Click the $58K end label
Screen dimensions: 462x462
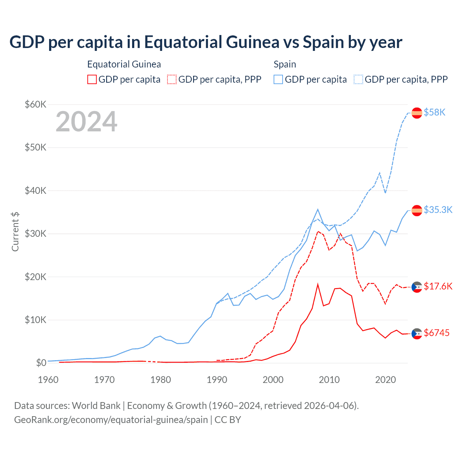435,113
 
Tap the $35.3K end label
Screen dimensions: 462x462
438,210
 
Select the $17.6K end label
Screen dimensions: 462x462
438,287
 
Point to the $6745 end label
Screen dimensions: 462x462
436,333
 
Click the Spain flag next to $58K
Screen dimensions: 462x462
417,113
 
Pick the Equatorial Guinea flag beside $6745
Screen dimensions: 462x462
417,334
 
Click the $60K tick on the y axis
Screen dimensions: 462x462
35,105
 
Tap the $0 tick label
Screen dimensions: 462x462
41,363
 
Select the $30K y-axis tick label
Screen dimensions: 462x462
35,234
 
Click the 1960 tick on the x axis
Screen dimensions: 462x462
48,380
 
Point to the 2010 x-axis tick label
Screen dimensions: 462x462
329,380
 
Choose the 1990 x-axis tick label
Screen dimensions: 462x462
217,380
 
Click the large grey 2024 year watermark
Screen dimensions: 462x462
86,122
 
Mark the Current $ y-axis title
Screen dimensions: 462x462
15,232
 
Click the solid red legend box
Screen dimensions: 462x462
92,79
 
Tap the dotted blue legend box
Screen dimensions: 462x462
358,79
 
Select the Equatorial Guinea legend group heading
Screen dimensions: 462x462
124,64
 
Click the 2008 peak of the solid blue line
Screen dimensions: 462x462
318,209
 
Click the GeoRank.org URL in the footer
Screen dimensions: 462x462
111,420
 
